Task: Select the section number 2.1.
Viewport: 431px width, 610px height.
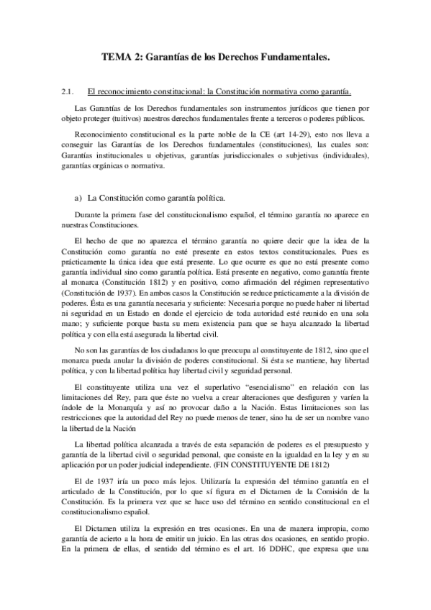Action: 69,91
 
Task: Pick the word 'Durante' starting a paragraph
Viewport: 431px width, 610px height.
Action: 89,215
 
